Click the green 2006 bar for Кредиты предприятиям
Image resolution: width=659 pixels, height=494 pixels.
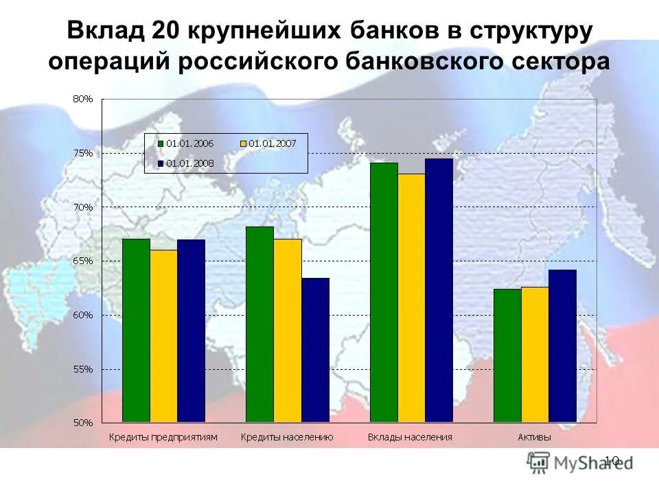pos(136,330)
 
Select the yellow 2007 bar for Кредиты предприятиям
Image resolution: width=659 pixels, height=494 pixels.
pos(163,336)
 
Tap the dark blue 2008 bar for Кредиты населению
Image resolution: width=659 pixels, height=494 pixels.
pos(315,349)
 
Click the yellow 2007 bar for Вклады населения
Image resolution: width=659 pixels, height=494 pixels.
pos(411,298)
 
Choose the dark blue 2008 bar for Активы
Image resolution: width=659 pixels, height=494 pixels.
pos(562,346)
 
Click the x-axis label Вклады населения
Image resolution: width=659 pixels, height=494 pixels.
pos(410,437)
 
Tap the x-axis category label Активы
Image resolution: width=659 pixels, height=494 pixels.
pos(535,437)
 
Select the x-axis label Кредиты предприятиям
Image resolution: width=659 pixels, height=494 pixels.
pos(163,437)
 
